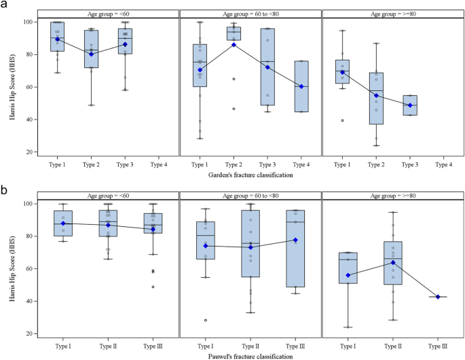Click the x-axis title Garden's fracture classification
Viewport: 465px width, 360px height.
(x=250, y=176)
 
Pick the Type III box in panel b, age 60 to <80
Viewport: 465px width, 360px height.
(x=296, y=249)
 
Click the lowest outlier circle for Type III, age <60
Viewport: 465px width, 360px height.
(x=153, y=287)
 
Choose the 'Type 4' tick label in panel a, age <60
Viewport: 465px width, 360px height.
(x=158, y=165)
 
